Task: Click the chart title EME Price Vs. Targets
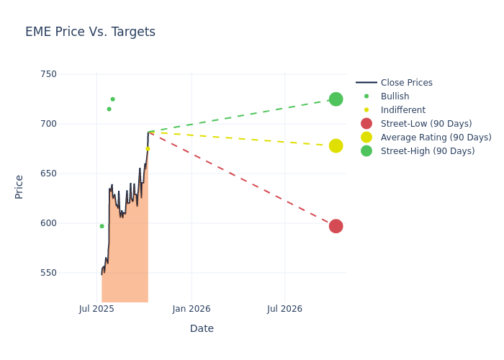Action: click(x=90, y=32)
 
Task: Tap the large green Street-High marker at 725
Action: click(x=336, y=99)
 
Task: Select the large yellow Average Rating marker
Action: click(x=336, y=145)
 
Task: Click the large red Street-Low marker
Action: click(x=336, y=226)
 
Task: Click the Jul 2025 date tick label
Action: click(x=97, y=309)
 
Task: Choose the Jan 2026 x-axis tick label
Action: click(x=192, y=309)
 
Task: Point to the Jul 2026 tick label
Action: click(x=285, y=309)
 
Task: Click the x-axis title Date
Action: click(x=202, y=328)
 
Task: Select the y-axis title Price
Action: click(x=19, y=186)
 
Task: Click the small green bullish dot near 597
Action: click(x=102, y=226)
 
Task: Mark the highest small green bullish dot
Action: click(x=112, y=99)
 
